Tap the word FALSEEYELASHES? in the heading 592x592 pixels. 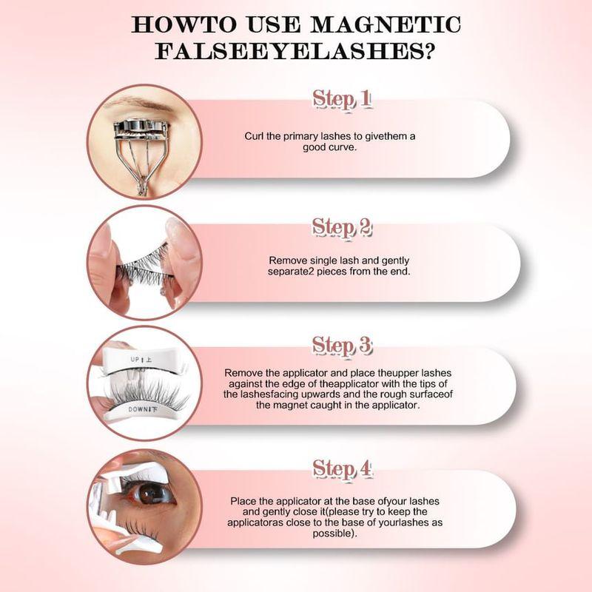point(296,54)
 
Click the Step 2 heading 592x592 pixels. point(342,227)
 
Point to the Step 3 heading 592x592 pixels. point(342,345)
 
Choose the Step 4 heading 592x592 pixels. point(342,468)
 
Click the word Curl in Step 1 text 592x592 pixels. point(255,136)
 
